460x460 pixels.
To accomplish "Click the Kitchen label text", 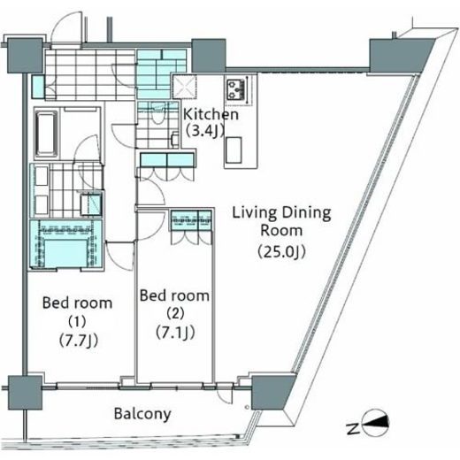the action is pos(211,114).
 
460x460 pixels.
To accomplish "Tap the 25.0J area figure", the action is pos(281,252).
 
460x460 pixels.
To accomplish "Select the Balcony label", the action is pos(142,414).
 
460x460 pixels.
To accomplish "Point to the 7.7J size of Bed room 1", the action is pos(78,341).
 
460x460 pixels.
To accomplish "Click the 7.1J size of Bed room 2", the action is pos(175,333).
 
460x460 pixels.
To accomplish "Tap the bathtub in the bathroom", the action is pos(47,134).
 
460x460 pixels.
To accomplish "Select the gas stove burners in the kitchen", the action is pos(235,88).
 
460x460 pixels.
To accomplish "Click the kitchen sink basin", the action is pos(234,150).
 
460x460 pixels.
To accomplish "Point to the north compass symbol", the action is pos(374,423).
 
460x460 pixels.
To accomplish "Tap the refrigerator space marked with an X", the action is pos(185,87).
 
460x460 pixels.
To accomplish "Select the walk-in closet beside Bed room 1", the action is pos(65,245).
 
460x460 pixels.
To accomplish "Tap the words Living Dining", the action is pos(281,213).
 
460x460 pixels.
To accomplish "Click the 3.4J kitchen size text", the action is pos(204,131).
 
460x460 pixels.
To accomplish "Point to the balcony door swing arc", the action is pos(226,394).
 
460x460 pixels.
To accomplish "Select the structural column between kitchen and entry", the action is pos(209,56).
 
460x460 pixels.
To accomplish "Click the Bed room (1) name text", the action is pos(77,311).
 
